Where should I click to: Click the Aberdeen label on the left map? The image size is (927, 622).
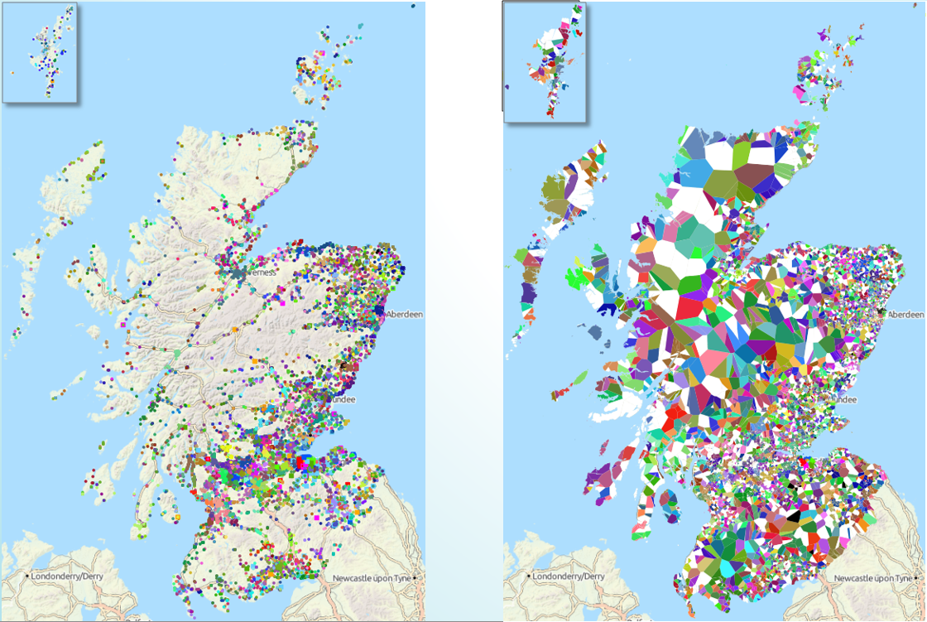coord(405,314)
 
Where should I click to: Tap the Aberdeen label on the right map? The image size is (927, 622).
coord(905,315)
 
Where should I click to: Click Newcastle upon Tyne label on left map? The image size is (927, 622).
coord(372,578)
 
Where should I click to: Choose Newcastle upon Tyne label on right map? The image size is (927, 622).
coord(874,578)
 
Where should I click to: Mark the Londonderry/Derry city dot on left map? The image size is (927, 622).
coord(28,576)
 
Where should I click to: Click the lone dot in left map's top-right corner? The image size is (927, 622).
coord(413,6)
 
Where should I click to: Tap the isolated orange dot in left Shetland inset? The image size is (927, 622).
coord(12,72)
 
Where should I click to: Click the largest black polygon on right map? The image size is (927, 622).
coord(793,515)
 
